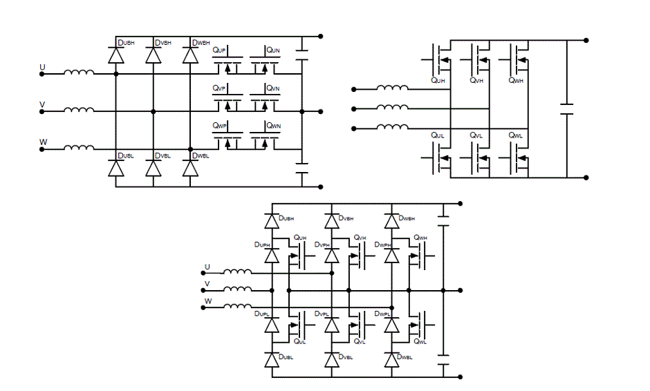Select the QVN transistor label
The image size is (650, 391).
pos(273,89)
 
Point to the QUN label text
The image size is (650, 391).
pos(273,50)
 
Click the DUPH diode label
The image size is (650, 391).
pos(262,245)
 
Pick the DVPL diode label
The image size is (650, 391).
pos(322,314)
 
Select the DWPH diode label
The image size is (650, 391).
pos(382,245)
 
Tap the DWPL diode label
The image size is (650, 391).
pos(382,314)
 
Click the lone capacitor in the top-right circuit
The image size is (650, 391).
pos(566,109)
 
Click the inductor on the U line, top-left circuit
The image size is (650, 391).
pos(80,72)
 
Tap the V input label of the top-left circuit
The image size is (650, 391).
pos(42,105)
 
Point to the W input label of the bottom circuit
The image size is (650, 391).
pos(207,301)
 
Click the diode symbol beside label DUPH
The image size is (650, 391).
pos(272,256)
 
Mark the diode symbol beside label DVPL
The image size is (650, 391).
pos(332,324)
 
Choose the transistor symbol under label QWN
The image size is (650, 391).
pos(263,141)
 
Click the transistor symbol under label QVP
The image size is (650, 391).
pos(226,103)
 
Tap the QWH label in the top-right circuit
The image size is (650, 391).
pos(516,81)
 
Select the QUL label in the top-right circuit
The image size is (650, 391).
pos(437,135)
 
